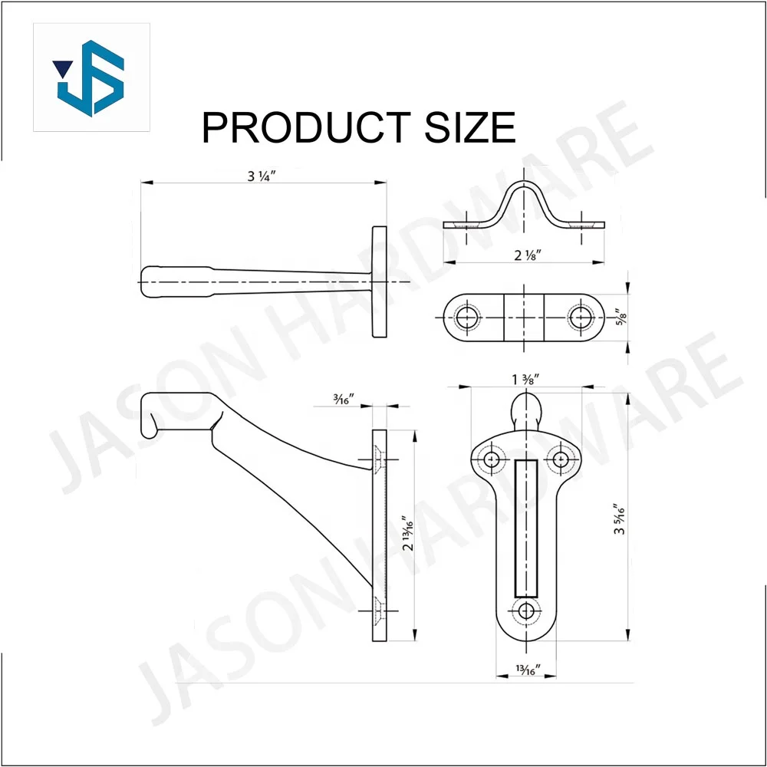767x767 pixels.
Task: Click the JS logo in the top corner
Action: click(91, 77)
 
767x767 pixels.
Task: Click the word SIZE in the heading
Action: click(469, 127)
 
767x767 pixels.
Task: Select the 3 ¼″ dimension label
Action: click(261, 176)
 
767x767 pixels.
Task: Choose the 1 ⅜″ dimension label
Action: click(527, 378)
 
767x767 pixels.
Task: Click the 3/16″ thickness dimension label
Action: click(343, 398)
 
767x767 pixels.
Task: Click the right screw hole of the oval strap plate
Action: click(581, 318)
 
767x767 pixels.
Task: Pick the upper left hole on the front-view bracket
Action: click(491, 459)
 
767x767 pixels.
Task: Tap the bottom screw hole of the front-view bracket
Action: click(526, 611)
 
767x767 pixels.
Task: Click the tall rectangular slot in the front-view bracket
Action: click(526, 529)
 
